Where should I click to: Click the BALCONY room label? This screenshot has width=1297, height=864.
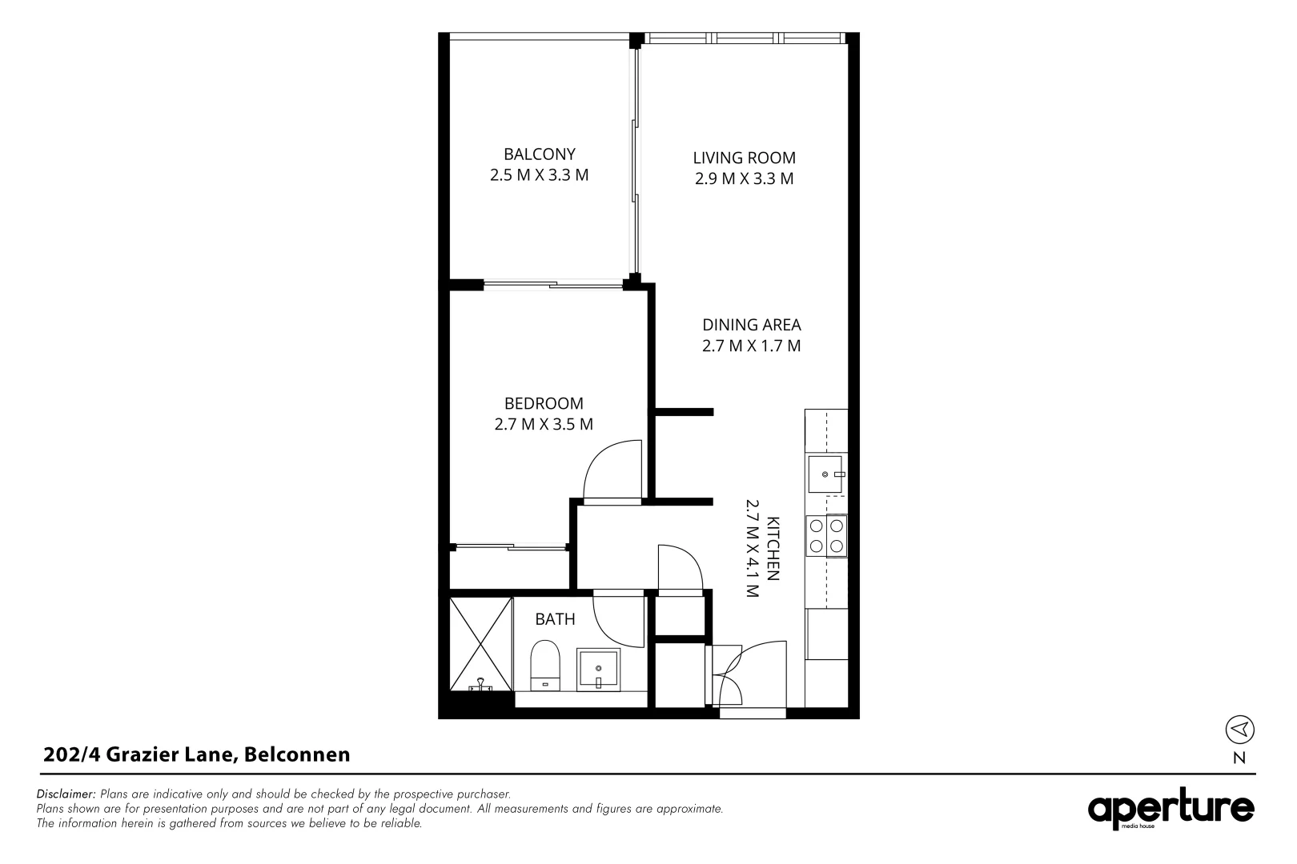(539, 154)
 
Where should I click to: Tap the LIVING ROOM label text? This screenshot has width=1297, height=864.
(744, 158)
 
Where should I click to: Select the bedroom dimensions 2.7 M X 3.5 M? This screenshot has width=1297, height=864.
(544, 425)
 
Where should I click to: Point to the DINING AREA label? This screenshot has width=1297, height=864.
(751, 325)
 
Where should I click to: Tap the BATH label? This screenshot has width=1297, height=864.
(555, 619)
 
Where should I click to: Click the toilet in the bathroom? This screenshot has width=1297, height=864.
(545, 665)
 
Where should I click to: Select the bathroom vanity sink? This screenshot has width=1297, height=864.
(598, 669)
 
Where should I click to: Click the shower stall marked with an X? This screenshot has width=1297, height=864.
(480, 643)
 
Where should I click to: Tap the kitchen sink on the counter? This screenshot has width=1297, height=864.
(825, 474)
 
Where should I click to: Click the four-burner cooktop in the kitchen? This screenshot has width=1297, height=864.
(826, 536)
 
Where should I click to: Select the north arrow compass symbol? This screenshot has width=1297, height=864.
(1239, 729)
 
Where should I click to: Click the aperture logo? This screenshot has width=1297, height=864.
(1171, 810)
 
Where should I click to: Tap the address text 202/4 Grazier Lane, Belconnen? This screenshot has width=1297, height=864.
(197, 754)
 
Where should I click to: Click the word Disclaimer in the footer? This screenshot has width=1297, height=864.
(66, 794)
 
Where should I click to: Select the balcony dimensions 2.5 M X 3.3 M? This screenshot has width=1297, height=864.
(539, 175)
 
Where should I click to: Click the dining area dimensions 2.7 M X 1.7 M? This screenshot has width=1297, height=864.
(751, 346)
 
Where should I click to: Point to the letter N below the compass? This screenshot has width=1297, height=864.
(1239, 759)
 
